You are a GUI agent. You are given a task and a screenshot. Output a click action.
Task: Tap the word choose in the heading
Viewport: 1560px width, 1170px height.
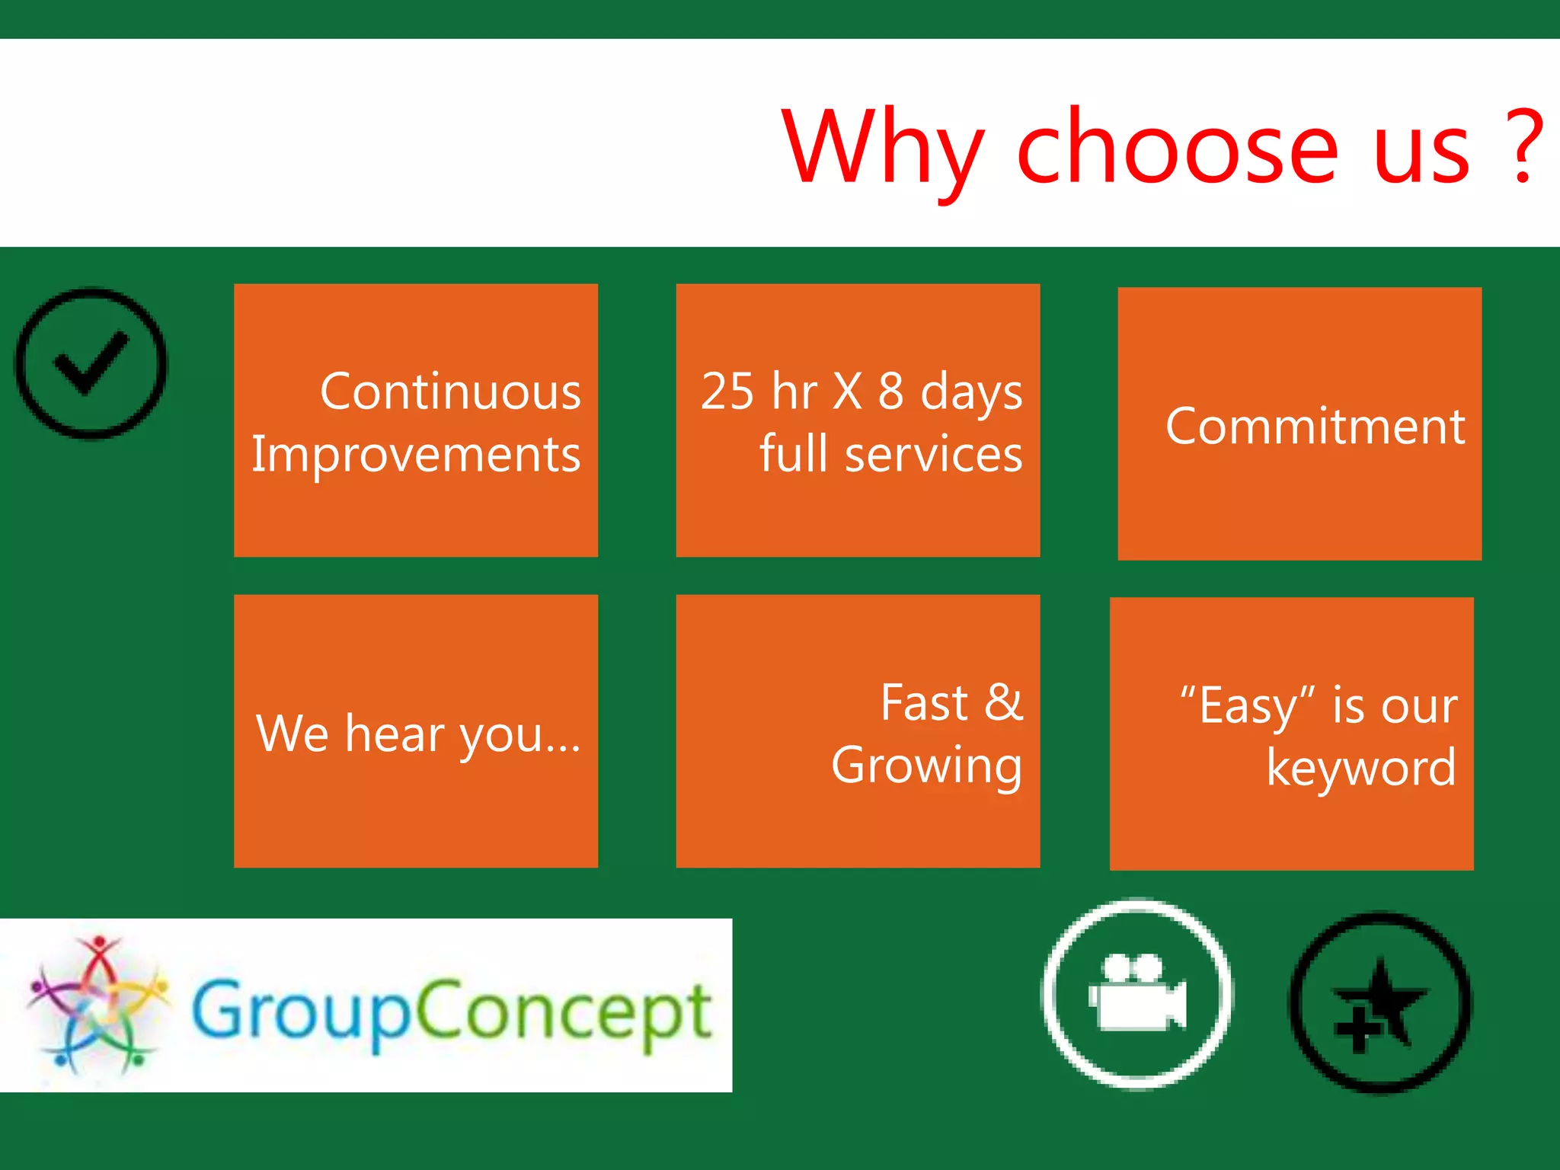(1177, 146)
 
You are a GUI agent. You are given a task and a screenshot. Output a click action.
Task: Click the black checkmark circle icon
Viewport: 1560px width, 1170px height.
(91, 363)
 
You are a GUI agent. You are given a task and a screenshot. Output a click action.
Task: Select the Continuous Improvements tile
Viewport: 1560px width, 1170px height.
(416, 420)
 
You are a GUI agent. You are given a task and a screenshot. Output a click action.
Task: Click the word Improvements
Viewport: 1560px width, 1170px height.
(416, 455)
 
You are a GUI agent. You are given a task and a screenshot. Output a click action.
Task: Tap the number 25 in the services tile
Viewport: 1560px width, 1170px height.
(727, 392)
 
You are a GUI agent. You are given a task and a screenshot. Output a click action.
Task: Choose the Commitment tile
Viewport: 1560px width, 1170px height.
(1299, 424)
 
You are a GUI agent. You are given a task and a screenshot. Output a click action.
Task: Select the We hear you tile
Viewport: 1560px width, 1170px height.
(416, 731)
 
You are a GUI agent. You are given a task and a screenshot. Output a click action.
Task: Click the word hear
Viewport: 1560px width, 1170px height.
(395, 734)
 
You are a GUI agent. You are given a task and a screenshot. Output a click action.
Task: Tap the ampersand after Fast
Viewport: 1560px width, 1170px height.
(1003, 702)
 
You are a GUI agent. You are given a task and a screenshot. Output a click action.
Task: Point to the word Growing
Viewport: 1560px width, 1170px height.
(926, 766)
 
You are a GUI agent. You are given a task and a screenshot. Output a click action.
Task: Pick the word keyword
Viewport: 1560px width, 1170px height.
(1361, 768)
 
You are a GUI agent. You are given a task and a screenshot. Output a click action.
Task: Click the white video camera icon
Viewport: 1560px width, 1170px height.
(1136, 994)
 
